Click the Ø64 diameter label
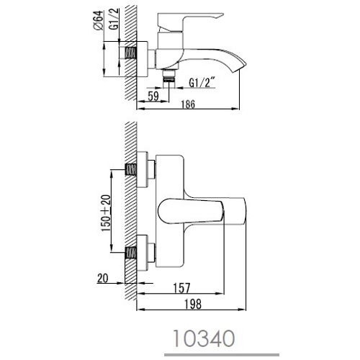pyautogui.click(x=99, y=20)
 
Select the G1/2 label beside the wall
pyautogui.click(x=114, y=19)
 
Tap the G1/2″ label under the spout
pyautogui.click(x=201, y=83)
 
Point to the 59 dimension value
pyautogui.click(x=153, y=96)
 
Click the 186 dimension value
pyautogui.click(x=188, y=104)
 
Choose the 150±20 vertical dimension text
pyautogui.click(x=106, y=213)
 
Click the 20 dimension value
pyautogui.click(x=103, y=279)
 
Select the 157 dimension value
pyautogui.click(x=181, y=288)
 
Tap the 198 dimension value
pyautogui.click(x=192, y=305)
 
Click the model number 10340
pyautogui.click(x=204, y=338)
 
